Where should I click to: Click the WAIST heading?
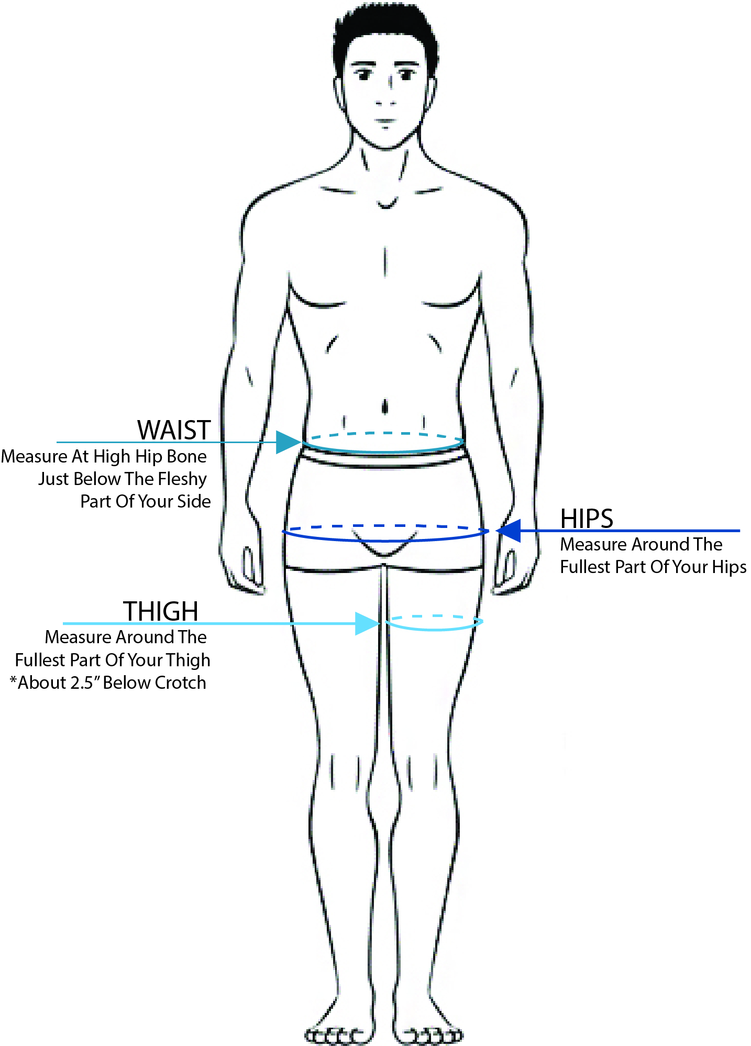[x=174, y=430]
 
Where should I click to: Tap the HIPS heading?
[x=586, y=519]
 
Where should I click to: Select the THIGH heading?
[x=160, y=611]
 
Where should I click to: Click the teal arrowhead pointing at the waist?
[x=287, y=442]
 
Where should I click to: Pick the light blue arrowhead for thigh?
[x=367, y=623]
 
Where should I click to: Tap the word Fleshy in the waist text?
[x=182, y=479]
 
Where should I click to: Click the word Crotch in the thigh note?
[x=180, y=682]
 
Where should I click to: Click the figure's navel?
[x=385, y=406]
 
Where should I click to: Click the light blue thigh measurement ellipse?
[x=434, y=629]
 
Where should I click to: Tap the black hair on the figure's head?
[x=385, y=26]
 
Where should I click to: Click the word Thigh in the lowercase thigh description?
[x=188, y=660]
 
